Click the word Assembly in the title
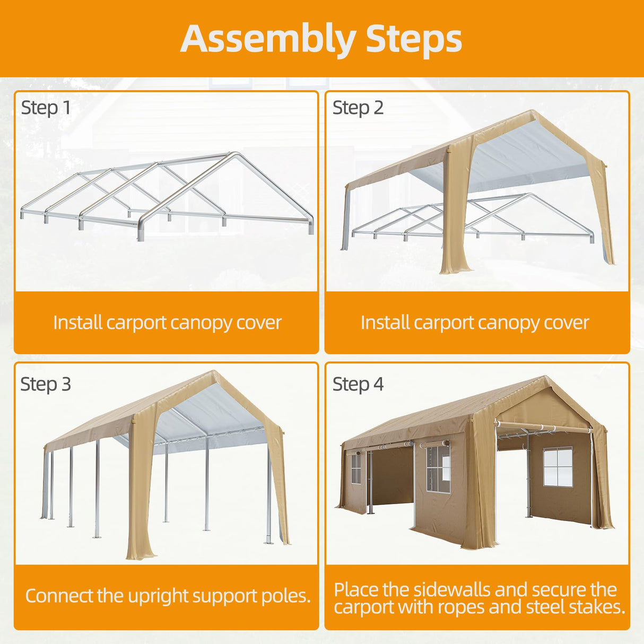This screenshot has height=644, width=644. [268, 39]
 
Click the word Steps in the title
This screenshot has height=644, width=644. [414, 39]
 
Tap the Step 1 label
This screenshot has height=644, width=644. [46, 108]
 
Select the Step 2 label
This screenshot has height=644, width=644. [358, 108]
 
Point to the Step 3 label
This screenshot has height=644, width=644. [46, 384]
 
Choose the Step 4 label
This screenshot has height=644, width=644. [358, 384]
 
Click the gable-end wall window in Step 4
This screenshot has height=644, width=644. [557, 467]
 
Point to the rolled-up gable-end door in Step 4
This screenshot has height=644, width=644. [544, 427]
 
